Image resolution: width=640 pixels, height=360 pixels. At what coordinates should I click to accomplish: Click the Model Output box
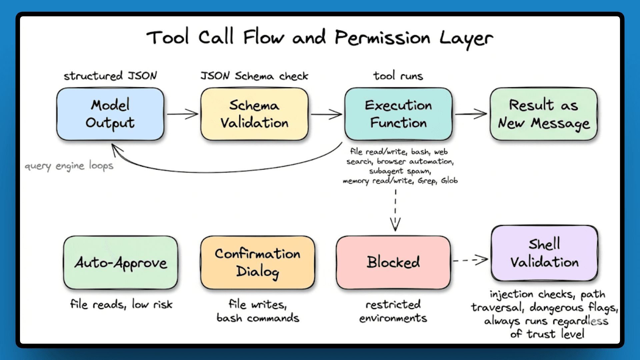tap(110, 114)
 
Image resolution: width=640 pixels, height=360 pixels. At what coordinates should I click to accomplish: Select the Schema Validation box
tap(254, 114)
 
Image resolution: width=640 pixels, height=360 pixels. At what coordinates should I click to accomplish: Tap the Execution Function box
tap(398, 114)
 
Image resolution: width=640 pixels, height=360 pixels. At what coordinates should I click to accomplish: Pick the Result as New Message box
tap(544, 114)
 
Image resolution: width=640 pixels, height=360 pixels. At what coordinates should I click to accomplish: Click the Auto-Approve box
tap(121, 263)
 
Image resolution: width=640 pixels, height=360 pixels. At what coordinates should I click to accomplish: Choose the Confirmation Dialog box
tap(257, 263)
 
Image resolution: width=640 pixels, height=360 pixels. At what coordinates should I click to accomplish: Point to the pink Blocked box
tap(393, 263)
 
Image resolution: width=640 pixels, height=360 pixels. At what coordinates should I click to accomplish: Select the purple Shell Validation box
tap(544, 253)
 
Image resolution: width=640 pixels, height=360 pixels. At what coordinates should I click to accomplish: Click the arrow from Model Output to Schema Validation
tap(182, 114)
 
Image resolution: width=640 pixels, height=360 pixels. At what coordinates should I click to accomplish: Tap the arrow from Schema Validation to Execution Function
tap(326, 114)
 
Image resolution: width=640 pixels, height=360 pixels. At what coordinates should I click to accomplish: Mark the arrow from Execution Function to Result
tap(471, 114)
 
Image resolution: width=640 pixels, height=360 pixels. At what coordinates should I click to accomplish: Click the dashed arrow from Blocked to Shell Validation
tap(470, 260)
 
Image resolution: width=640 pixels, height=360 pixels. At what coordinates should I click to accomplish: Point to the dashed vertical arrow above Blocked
tap(395, 210)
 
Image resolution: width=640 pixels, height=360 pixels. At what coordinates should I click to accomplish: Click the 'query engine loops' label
tap(69, 166)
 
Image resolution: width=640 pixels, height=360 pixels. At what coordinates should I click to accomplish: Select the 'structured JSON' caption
tap(110, 76)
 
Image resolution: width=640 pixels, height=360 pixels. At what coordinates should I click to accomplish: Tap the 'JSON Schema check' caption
tap(254, 76)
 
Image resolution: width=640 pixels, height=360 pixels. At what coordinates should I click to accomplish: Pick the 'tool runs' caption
tap(398, 76)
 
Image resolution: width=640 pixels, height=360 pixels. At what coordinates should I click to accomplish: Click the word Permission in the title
tap(382, 38)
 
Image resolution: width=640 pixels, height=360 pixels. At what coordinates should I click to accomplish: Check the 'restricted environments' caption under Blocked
tap(393, 311)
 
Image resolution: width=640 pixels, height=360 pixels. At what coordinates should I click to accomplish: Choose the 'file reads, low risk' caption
tap(121, 304)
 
